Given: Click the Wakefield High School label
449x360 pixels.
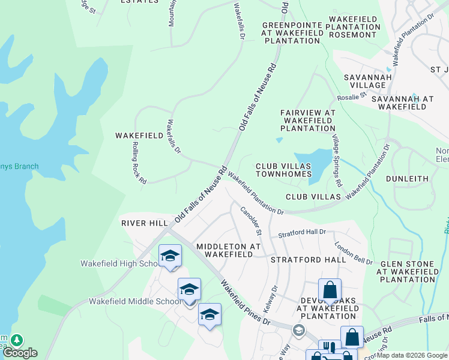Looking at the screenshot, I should coord(119,263).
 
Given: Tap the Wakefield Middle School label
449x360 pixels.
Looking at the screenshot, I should coord(128,301).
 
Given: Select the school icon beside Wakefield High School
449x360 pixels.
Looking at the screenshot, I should coord(170,256).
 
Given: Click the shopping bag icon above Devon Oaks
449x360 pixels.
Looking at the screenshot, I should coord(330,290).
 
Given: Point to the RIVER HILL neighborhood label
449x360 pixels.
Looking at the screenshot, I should coord(145,223).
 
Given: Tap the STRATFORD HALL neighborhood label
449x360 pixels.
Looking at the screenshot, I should coord(308,260).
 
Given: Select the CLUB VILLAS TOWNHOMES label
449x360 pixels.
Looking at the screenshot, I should coord(283,170).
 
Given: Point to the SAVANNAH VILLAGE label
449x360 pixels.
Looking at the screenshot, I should coord(368,81).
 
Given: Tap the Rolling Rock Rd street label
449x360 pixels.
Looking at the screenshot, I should coord(139,163).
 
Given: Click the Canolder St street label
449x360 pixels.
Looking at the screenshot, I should coord(252,220).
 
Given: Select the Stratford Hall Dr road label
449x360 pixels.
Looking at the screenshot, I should coord(302,232).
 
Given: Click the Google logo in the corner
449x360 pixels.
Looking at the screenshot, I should coord(19,353).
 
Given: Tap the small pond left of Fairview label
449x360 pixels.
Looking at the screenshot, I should coord(279,140).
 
